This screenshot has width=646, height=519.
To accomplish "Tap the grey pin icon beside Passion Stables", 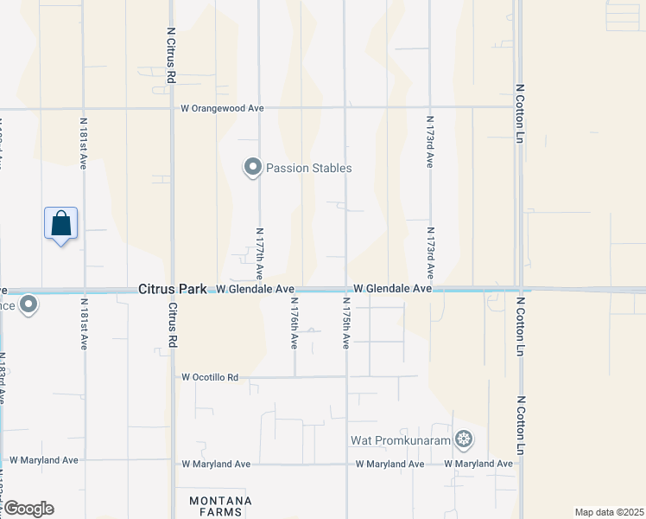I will tap(252, 167).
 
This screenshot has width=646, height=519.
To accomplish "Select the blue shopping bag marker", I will tap(60, 224).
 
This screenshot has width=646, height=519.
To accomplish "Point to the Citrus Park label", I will tap(172, 289).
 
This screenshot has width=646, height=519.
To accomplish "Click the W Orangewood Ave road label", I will tap(222, 108).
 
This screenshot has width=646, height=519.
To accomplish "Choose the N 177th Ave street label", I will tap(259, 253).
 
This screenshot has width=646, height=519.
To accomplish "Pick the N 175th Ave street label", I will tap(345, 326).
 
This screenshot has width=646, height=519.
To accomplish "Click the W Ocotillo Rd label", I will tap(210, 377).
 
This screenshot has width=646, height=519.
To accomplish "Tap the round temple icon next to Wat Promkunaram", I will tap(465, 440).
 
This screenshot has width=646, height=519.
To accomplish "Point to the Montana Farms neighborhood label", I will tap(222, 506).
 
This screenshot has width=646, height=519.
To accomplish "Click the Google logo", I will tap(28, 509).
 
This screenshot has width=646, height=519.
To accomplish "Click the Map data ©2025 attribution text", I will tap(609, 512).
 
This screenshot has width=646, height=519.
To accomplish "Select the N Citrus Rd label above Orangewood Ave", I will tap(171, 54).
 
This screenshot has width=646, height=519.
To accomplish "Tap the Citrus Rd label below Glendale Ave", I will tap(172, 324).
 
